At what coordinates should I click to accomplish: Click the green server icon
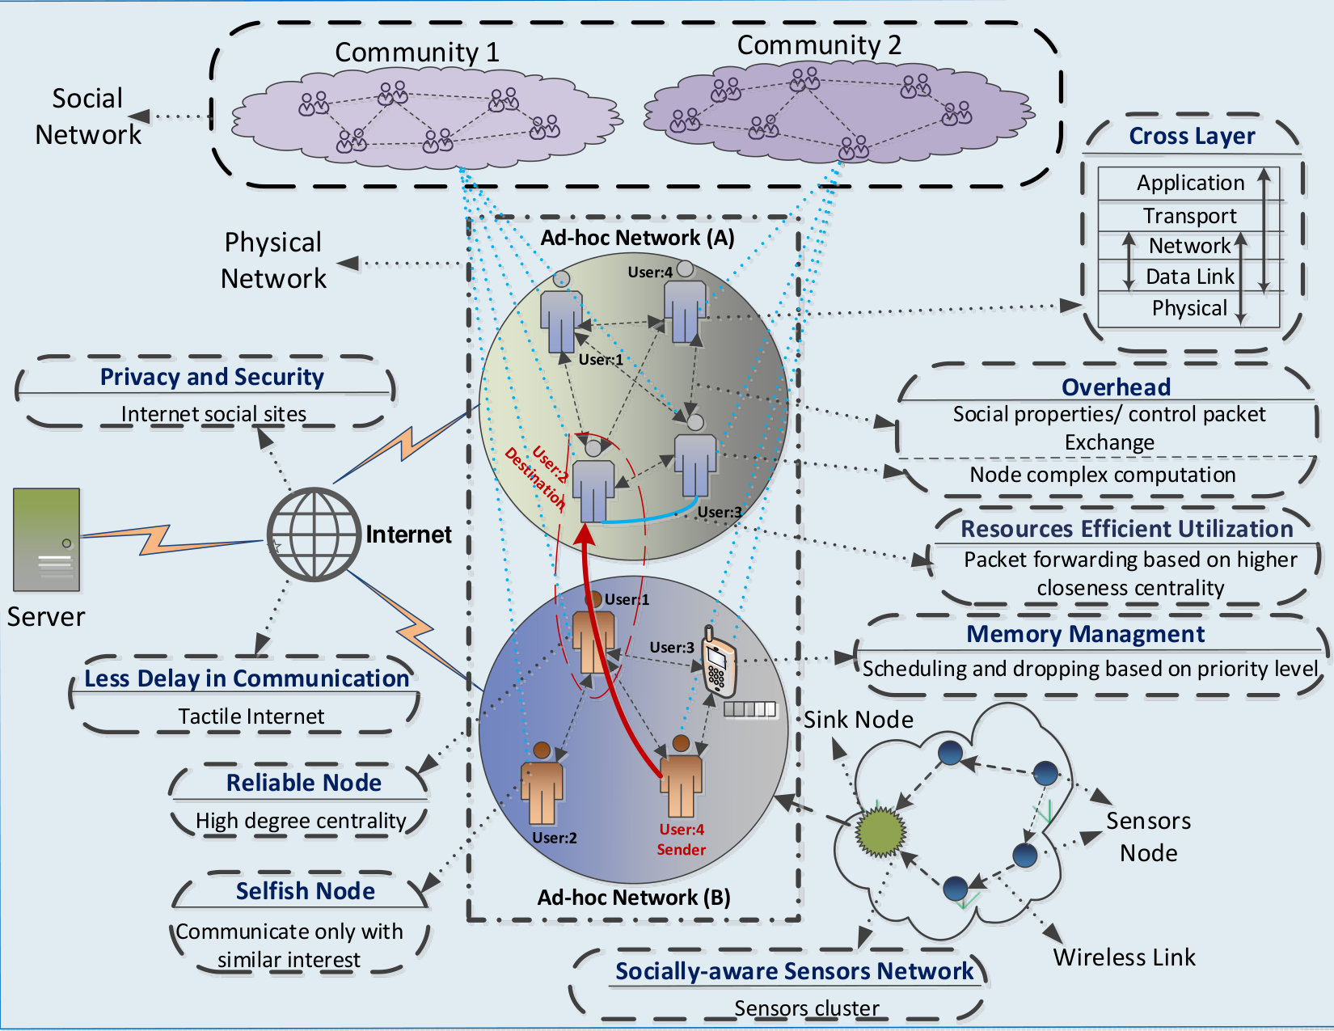click(47, 539)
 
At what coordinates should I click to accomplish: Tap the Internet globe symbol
click(314, 535)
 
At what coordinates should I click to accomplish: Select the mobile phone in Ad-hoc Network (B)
click(718, 661)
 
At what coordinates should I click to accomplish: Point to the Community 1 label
click(417, 53)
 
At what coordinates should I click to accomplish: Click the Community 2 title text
click(819, 45)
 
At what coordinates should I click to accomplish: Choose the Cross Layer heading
click(1192, 136)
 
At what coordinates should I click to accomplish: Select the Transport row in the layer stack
click(1189, 216)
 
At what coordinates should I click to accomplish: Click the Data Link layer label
click(1189, 277)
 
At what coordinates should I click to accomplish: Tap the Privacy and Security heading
click(212, 377)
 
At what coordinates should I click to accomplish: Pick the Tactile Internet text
click(251, 716)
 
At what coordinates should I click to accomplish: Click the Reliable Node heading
click(304, 783)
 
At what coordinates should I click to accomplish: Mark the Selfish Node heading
click(305, 891)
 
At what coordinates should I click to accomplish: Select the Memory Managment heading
click(1085, 634)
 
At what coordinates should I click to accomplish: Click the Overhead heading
click(1116, 387)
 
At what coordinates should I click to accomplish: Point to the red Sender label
click(682, 850)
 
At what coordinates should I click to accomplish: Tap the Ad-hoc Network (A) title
click(637, 238)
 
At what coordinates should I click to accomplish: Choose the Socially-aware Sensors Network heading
click(795, 971)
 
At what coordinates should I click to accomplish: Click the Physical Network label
click(273, 260)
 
